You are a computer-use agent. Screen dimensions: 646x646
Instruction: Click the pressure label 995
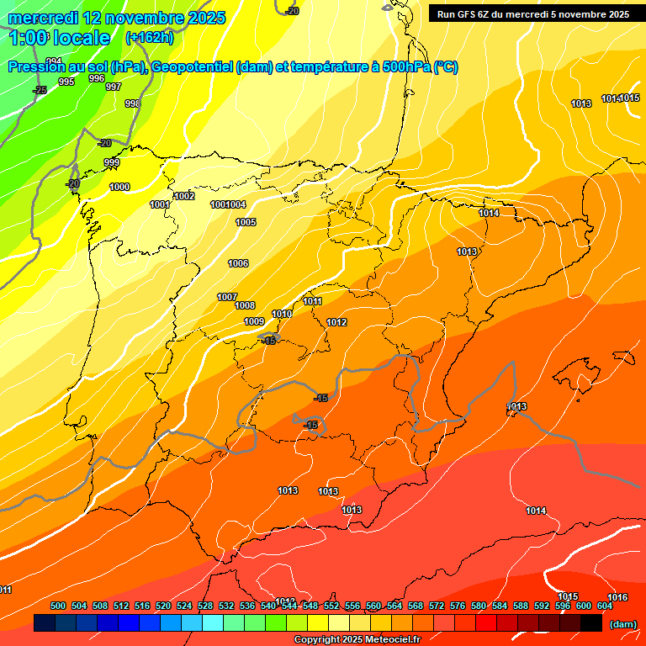66,82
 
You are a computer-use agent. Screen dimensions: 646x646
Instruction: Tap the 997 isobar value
114,87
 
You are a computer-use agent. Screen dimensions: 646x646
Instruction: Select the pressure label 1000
119,187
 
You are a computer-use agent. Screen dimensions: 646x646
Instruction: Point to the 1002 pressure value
185,196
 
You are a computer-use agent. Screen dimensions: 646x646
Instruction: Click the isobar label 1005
246,222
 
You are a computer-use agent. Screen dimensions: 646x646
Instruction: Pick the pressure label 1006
238,263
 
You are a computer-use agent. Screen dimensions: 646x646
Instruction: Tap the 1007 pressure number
227,297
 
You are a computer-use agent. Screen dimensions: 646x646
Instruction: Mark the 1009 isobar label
254,321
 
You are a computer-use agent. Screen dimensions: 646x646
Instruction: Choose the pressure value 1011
313,301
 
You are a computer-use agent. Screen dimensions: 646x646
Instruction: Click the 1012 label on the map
337,322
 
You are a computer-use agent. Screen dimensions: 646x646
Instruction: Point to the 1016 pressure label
617,597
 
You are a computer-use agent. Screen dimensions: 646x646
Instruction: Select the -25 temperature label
40,90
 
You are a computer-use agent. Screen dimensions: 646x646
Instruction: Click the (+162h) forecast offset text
149,38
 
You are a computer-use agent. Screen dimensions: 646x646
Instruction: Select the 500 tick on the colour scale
58,606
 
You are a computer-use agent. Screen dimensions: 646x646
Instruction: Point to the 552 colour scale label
331,606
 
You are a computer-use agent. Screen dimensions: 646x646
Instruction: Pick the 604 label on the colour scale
605,606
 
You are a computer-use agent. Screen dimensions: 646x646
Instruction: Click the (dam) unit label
623,624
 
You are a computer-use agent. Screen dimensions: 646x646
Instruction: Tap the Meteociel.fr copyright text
356,640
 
